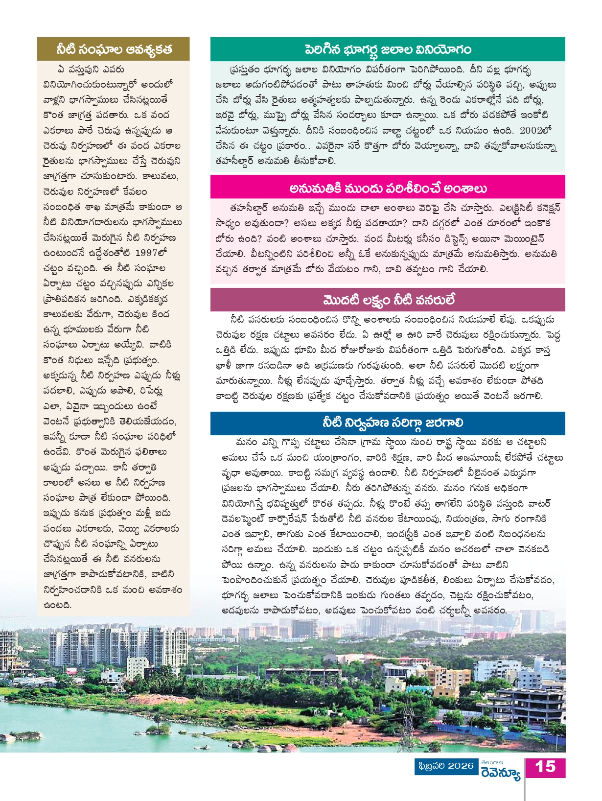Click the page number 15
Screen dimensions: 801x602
click(545, 767)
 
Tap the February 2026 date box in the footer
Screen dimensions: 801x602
click(446, 766)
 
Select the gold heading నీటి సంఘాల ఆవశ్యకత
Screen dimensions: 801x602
click(114, 49)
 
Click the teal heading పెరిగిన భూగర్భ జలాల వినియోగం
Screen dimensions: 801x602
click(388, 49)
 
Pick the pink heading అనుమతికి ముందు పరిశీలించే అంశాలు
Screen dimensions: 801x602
click(388, 188)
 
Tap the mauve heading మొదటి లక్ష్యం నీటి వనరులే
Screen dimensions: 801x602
click(388, 300)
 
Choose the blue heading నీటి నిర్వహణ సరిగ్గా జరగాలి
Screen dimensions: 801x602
click(388, 423)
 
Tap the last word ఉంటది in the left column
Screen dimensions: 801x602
click(57, 605)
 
